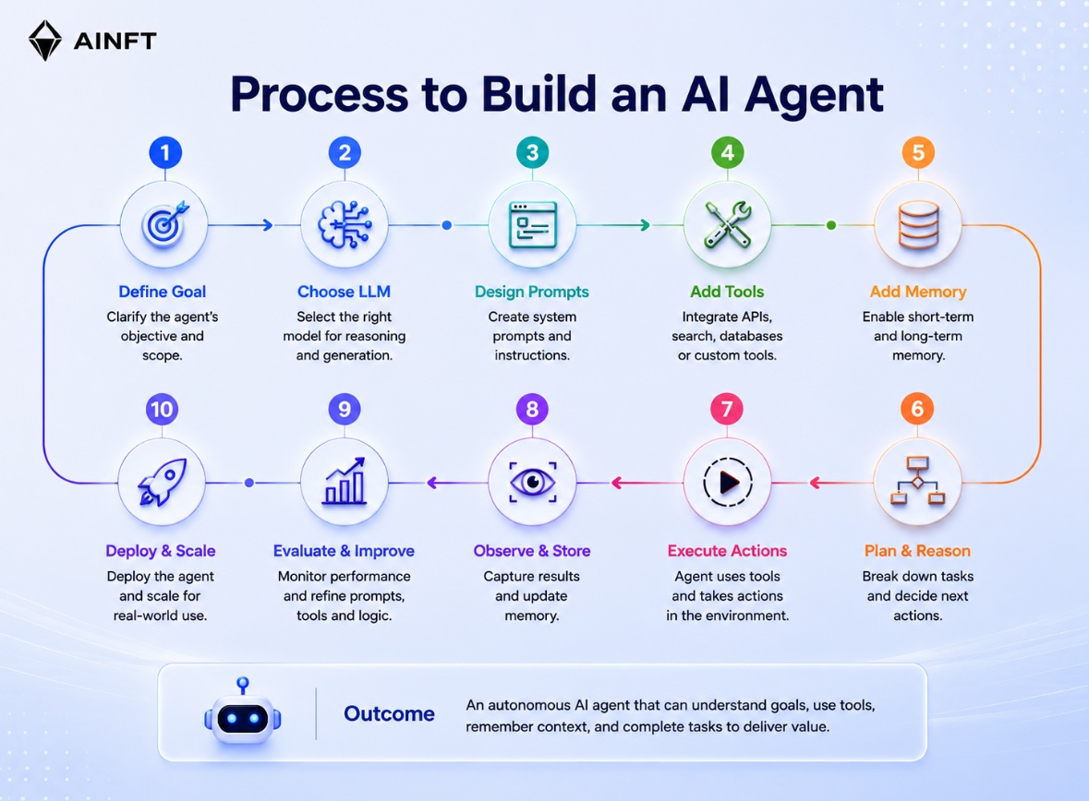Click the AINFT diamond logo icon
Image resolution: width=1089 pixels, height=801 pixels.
pos(45,41)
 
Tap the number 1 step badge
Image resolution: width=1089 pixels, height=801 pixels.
pos(165,152)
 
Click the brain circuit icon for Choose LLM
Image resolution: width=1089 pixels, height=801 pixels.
pos(345,224)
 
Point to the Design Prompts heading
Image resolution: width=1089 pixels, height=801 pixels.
pos(532,292)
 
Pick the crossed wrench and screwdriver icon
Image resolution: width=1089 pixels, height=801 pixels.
pos(727,224)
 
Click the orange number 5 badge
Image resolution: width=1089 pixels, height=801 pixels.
pos(918,152)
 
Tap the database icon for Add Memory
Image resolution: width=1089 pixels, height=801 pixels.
pos(918,225)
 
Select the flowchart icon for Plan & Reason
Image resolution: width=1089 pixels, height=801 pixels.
pos(917,480)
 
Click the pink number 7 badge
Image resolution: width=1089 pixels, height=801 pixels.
pos(727,409)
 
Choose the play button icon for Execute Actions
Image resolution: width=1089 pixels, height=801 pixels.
pos(727,482)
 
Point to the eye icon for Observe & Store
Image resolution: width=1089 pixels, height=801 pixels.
pos(533,482)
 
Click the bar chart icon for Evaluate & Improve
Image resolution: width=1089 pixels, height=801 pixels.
pos(345,480)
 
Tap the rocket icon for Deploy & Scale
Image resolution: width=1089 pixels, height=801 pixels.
pos(163,481)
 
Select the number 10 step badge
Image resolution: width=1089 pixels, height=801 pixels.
pos(162,409)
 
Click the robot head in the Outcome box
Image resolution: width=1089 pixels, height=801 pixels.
pos(242,714)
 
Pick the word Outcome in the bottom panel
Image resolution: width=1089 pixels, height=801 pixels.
pos(389,713)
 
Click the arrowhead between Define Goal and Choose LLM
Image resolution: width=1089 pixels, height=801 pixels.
pos(268,225)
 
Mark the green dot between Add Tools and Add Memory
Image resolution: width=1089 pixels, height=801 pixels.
pos(831,225)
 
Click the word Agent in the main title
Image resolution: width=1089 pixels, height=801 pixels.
pos(814,95)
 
